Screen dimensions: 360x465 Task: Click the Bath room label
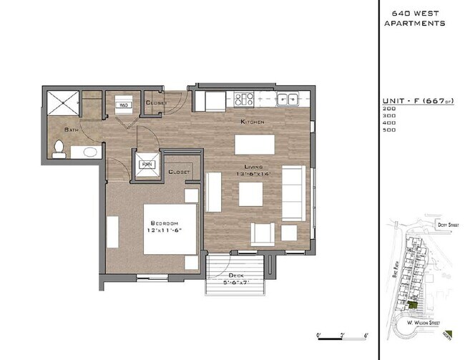point(71,130)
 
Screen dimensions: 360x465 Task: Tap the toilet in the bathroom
point(59,149)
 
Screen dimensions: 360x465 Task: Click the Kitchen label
point(252,122)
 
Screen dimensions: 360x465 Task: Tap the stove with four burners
point(245,99)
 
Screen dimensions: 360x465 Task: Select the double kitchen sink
point(288,99)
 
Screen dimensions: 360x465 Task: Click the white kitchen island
point(255,145)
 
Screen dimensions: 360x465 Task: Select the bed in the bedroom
point(170,229)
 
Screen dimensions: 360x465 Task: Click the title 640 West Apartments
point(414,18)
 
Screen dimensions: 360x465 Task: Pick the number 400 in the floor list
point(389,122)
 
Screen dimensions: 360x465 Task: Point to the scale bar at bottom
point(342,337)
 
